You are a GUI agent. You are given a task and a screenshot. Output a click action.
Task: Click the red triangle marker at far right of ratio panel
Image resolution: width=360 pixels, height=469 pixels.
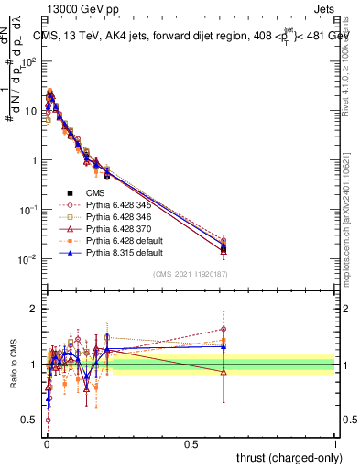click(x=224, y=371)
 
